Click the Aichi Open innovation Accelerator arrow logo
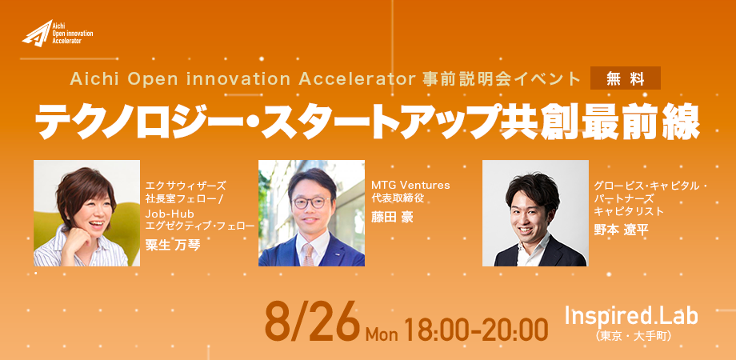coord(38,34)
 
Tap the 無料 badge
coord(626,78)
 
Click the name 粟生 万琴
coord(174,245)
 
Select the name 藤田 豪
coord(392,218)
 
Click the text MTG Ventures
coord(410,186)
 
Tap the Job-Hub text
coord(166,215)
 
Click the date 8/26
coord(312,322)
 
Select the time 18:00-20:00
coord(475,329)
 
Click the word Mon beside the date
coord(382,334)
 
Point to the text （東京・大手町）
coord(631,337)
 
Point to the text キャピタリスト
coord(629,211)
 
